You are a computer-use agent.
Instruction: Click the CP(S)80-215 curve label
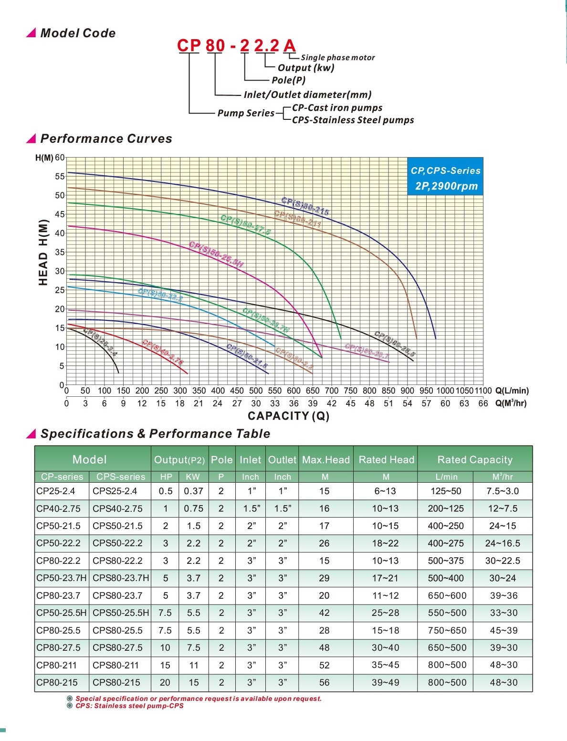click(305, 206)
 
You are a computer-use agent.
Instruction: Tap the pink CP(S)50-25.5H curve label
click(216, 254)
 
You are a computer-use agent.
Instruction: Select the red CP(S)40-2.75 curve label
click(163, 352)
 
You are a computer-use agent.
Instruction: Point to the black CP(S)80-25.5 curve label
click(395, 344)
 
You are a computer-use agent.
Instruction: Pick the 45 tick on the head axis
click(60, 214)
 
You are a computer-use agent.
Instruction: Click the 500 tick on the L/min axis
click(256, 391)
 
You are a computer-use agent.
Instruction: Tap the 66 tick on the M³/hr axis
click(483, 403)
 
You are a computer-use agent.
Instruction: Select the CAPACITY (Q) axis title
click(289, 416)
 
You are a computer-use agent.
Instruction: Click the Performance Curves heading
click(106, 138)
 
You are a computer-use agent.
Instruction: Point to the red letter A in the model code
click(289, 45)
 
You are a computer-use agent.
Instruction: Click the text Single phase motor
click(337, 57)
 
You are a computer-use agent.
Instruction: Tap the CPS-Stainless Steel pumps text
click(353, 120)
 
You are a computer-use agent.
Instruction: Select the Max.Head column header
click(326, 460)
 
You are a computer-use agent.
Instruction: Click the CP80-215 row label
click(57, 682)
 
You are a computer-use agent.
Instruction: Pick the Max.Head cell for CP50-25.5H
click(325, 613)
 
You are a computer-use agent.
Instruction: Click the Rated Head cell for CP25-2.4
click(385, 491)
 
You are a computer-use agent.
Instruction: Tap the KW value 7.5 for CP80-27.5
click(194, 647)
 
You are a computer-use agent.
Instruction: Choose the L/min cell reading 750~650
click(447, 630)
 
